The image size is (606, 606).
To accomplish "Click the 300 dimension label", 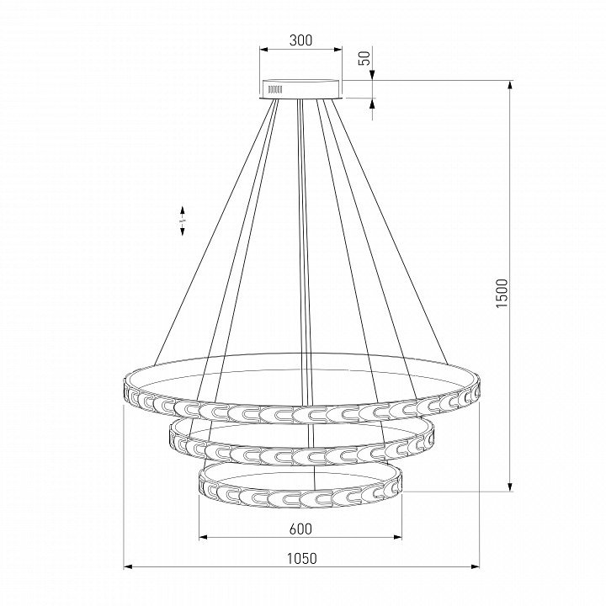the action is (x=300, y=40).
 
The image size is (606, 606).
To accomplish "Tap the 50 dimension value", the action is (x=365, y=58).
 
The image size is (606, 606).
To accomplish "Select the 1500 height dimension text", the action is (x=501, y=293).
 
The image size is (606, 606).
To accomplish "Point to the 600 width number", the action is (x=300, y=529).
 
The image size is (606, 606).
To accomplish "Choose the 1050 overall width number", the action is (x=302, y=558).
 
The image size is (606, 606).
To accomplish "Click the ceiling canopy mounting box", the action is (x=301, y=89).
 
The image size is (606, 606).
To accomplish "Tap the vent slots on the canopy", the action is (x=275, y=90).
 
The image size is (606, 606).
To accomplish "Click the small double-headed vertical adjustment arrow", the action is (x=182, y=221).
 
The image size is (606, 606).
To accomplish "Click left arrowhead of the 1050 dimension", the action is (x=128, y=567).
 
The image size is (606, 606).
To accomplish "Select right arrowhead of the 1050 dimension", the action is (x=475, y=567).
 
